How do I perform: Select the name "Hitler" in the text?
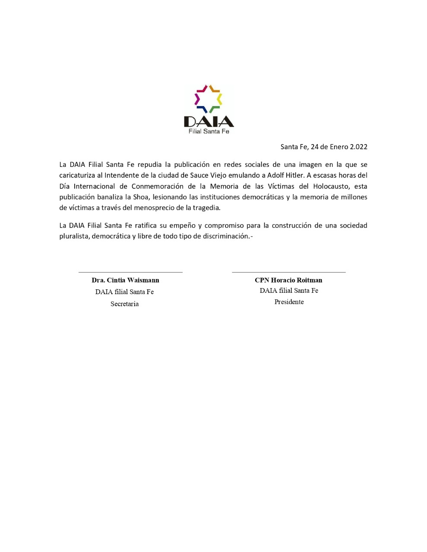pos(294,176)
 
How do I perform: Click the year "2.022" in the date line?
pos(358,147)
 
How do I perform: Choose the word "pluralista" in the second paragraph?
pos(74,236)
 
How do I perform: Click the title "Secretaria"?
pos(124,304)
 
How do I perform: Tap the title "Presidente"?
pos(289,302)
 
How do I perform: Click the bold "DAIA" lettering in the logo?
pos(209,121)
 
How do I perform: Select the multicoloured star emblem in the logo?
pos(208,99)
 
